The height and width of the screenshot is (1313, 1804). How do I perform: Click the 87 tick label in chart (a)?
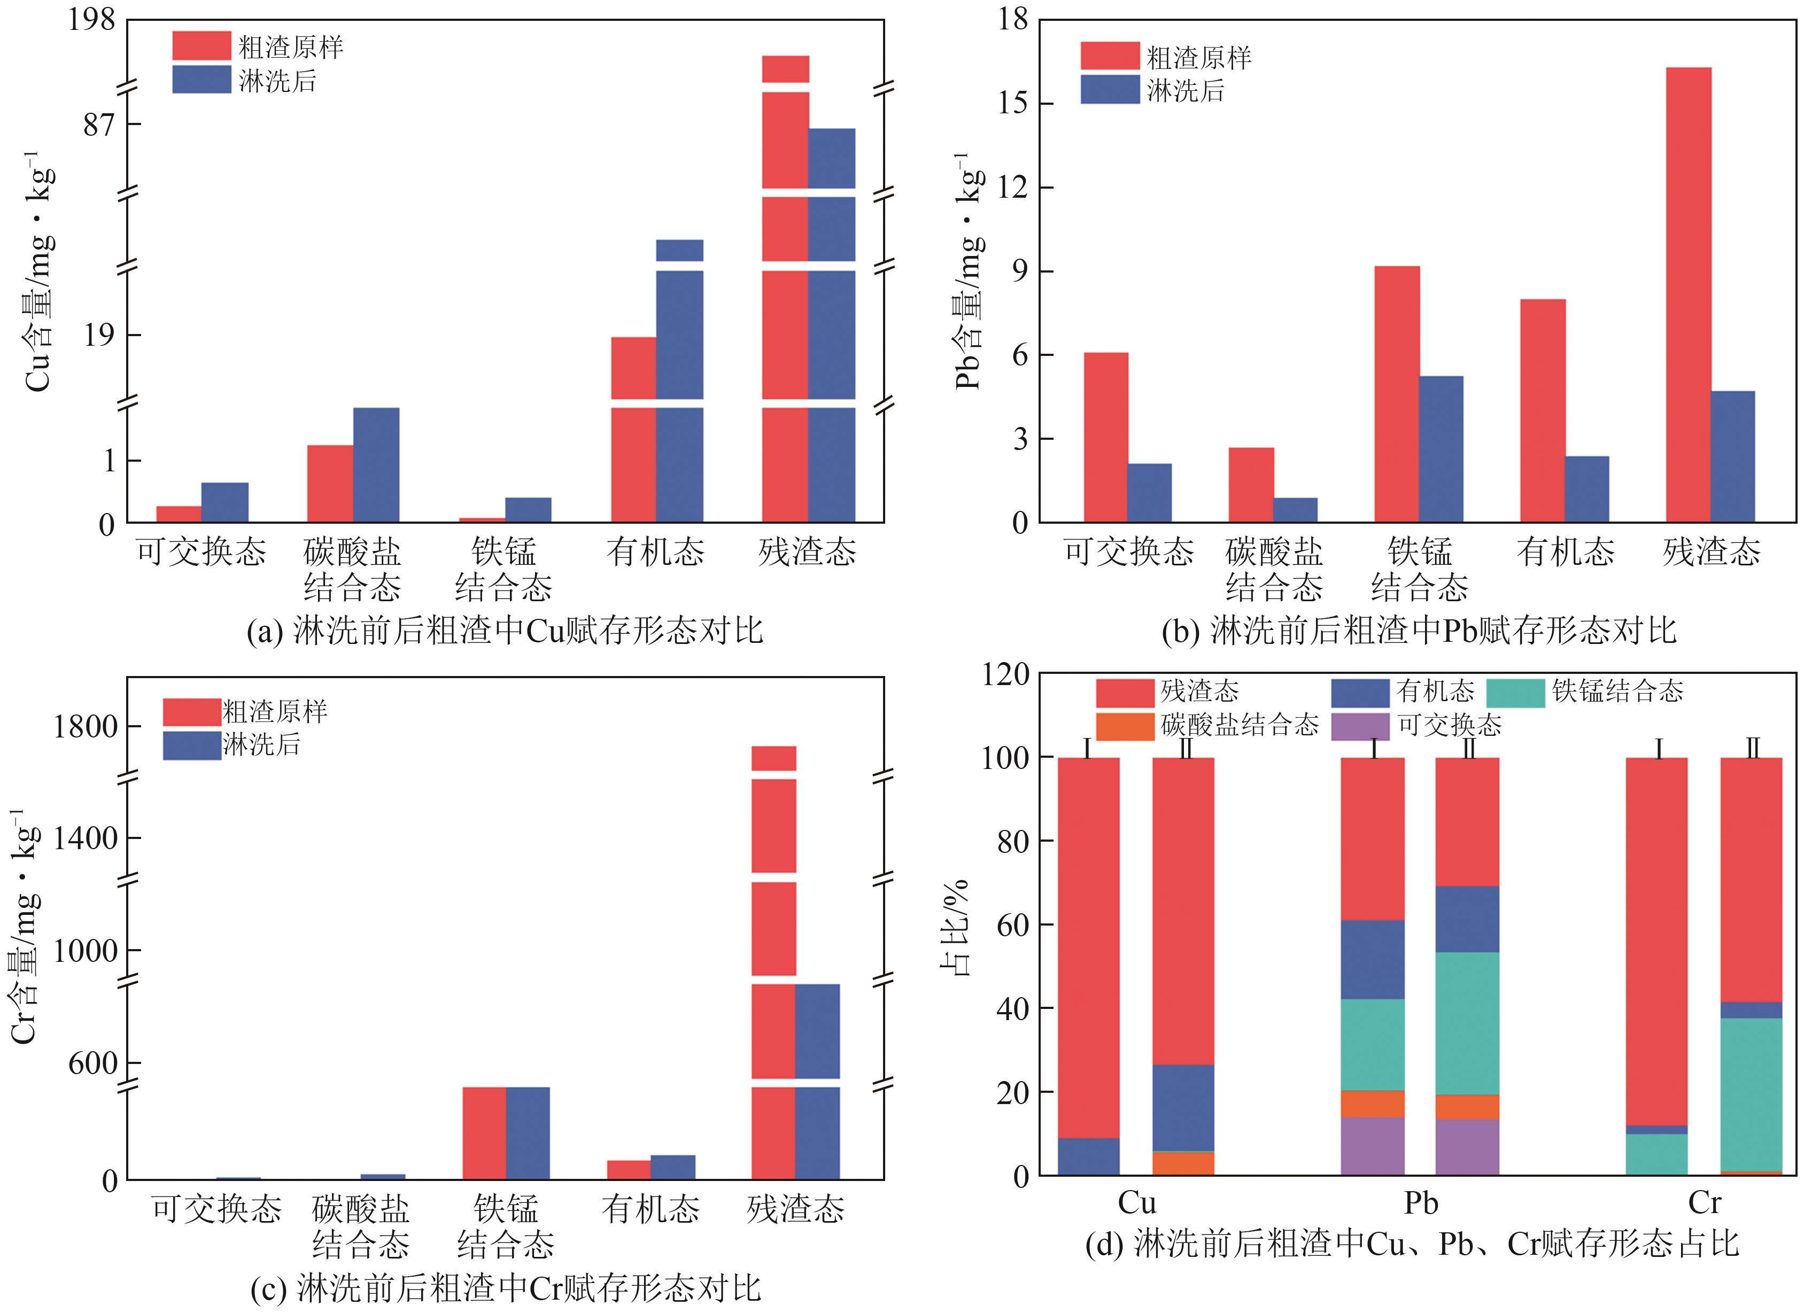[99, 125]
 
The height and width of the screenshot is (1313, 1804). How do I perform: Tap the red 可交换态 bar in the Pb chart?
[1105, 438]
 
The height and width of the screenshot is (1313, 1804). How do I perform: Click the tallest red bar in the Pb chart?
[1688, 294]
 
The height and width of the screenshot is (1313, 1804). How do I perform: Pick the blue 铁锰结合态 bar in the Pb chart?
[1441, 449]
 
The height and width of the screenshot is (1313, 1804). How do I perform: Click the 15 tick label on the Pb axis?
[1012, 103]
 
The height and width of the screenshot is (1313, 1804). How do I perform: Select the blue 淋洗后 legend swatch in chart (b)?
[1110, 89]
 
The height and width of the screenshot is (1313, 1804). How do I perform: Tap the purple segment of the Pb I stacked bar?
[1372, 1146]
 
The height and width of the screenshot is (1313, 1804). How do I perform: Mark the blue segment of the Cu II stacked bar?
[1183, 1107]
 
